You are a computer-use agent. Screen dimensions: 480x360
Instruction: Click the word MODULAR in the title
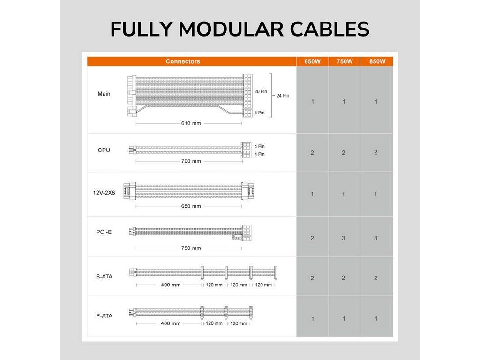[x=231, y=29]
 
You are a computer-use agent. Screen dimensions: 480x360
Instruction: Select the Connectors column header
[x=183, y=61]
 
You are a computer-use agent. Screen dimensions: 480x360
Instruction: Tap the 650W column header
[x=312, y=61]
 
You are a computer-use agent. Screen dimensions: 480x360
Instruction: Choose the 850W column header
[x=377, y=61]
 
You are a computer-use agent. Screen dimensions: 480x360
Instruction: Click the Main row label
[x=104, y=94]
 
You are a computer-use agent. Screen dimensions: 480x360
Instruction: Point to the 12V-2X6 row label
[x=104, y=193]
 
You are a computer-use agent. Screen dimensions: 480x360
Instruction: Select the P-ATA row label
[x=105, y=315]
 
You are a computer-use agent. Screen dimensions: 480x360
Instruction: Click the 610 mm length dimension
[x=191, y=123]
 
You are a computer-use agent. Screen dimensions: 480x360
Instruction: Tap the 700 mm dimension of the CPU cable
[x=191, y=161]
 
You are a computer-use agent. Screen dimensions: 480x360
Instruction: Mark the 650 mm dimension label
[x=191, y=206]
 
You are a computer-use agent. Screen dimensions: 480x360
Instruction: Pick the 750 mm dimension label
[x=191, y=248]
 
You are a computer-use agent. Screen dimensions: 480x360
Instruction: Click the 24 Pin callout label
[x=283, y=96]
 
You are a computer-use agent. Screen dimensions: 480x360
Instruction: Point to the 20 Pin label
[x=261, y=91]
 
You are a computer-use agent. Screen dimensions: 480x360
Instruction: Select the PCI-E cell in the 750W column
[x=344, y=238]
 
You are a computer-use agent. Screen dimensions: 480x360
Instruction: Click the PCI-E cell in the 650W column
[x=312, y=238]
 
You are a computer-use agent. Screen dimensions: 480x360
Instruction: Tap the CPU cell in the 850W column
[x=376, y=152]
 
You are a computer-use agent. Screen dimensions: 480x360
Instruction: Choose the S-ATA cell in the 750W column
[x=344, y=277]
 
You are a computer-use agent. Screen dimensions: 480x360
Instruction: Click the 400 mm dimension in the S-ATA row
[x=171, y=285]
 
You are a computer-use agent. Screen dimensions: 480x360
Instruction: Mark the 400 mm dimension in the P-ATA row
[x=171, y=323]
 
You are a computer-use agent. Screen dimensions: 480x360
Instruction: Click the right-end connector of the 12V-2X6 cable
[x=247, y=191]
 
